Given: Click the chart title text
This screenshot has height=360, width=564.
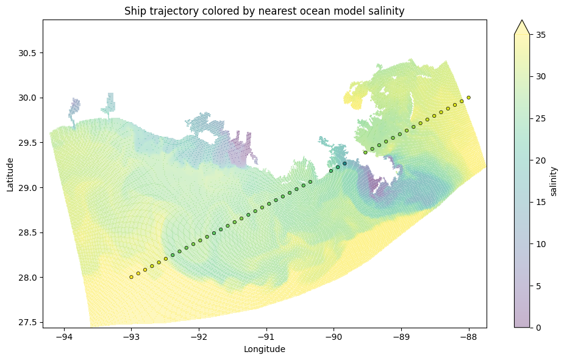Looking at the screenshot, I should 264,11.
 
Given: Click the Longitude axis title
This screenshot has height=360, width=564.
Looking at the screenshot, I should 264,350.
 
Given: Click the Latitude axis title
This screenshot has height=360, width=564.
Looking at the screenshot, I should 10,174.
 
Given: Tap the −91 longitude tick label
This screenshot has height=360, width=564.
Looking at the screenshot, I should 266,337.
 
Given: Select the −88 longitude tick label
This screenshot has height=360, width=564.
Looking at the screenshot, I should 468,337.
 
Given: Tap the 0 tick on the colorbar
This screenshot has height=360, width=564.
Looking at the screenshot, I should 536,328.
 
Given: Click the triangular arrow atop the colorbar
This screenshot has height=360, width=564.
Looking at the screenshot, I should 521,27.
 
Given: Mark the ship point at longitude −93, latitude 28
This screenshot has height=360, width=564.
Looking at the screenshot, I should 131,277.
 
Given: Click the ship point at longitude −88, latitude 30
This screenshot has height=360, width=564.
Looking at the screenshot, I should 468,98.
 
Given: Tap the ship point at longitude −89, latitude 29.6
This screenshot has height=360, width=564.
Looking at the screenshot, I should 400,134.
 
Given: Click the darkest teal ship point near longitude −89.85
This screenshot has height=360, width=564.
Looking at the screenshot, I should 344,164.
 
